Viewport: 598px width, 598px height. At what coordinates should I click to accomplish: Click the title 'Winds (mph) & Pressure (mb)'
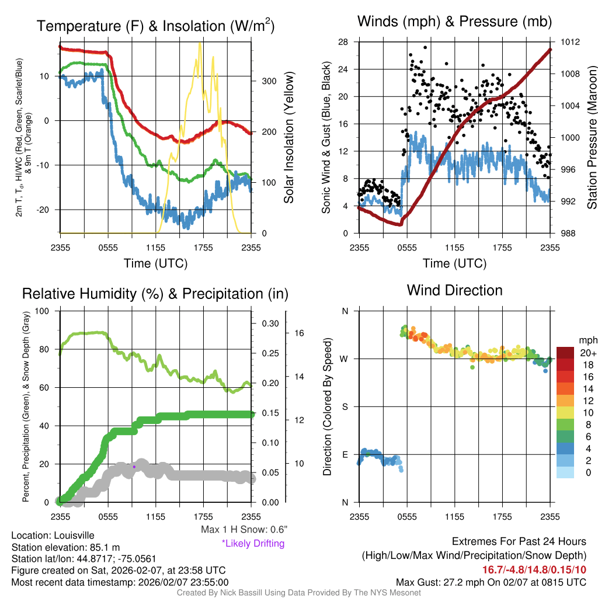(454, 22)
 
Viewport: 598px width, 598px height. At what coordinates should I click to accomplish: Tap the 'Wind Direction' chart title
(454, 290)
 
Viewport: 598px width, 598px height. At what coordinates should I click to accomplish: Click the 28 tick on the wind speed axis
(343, 42)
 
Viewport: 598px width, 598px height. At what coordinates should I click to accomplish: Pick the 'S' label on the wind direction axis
(345, 406)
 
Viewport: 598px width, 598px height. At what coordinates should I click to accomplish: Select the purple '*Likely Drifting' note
(253, 543)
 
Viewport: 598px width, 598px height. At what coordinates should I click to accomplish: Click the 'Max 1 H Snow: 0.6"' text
(244, 530)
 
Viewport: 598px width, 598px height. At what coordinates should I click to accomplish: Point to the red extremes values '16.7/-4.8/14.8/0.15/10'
(534, 569)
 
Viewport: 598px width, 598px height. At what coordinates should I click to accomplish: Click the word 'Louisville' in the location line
(73, 535)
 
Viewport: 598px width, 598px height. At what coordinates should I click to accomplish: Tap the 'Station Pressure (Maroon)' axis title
(591, 137)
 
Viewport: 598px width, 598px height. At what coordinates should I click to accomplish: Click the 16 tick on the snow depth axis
(300, 333)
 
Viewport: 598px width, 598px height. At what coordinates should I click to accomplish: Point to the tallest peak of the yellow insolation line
(200, 44)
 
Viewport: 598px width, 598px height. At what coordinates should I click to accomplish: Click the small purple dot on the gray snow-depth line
(134, 467)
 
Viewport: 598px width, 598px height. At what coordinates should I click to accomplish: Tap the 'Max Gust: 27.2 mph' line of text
(491, 582)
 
